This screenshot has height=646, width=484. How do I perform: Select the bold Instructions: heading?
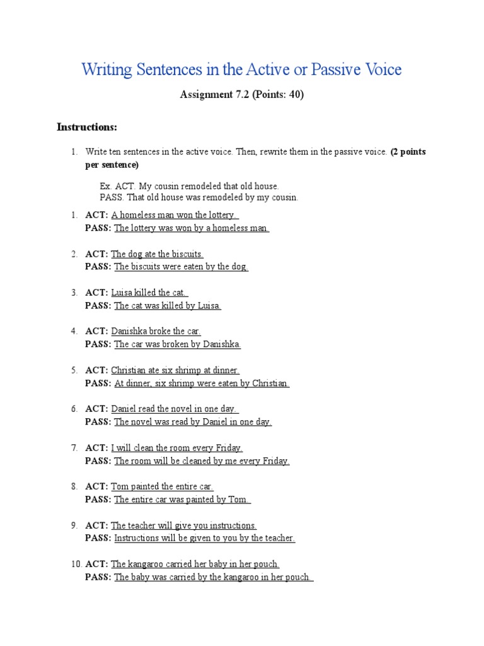[x=87, y=127]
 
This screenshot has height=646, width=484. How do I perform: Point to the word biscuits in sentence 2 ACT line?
[x=183, y=254]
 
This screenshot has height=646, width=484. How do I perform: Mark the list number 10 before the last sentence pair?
[x=75, y=564]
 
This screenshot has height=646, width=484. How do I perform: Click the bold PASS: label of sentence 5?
[x=98, y=384]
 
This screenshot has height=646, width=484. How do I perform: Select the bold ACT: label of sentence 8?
[x=96, y=486]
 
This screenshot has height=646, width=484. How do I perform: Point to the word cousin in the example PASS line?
[x=282, y=197]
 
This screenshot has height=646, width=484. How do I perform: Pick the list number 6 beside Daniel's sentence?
[x=74, y=409]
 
